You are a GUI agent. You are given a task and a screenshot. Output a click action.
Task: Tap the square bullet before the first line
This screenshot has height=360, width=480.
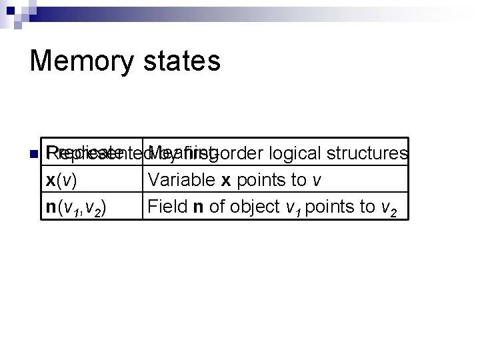tap(33, 155)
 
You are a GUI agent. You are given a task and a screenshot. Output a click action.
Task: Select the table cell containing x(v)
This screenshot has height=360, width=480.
tap(93, 180)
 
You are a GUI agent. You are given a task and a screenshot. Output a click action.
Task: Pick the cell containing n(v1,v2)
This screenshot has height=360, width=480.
tap(93, 207)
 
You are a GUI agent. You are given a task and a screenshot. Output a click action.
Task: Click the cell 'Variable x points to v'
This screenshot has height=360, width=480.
tap(275, 180)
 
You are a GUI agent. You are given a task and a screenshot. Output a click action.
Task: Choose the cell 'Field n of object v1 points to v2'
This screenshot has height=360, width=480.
tap(275, 207)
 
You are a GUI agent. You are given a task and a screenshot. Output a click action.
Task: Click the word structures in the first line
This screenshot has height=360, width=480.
tap(367, 153)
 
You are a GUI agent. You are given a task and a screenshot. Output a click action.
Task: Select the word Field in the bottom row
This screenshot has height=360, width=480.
tap(167, 207)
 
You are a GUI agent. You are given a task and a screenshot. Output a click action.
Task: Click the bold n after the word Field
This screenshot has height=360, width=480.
tap(198, 207)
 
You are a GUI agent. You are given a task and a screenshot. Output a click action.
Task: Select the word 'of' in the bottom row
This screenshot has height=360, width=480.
tap(217, 207)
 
